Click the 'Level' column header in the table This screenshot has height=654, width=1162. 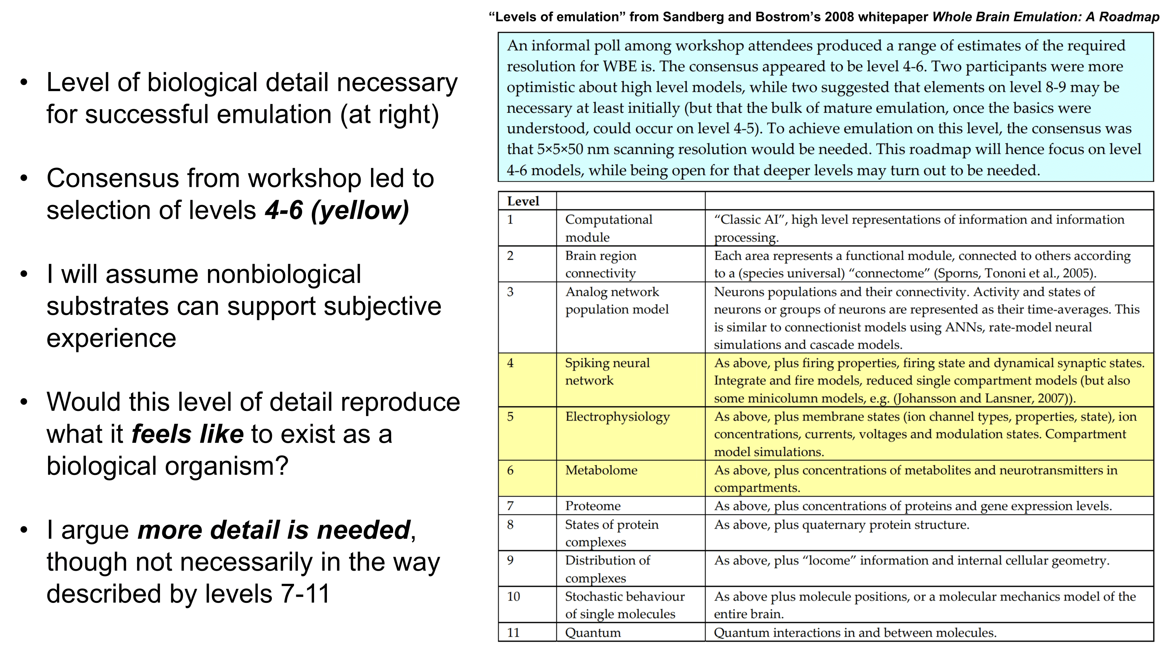pos(523,201)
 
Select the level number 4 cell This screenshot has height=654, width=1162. pos(510,363)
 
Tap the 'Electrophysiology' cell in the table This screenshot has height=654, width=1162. pos(617,417)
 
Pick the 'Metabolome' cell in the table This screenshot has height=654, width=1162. pos(601,470)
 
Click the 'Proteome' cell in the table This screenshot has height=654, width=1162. pos(593,506)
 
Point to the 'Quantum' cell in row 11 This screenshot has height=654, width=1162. pos(593,633)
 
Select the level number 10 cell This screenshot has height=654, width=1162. pos(513,597)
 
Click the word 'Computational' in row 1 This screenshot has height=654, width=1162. pos(609,220)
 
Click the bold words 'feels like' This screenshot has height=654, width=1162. pos(187,434)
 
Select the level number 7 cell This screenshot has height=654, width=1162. pos(510,506)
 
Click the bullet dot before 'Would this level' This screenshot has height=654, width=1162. pos(24,402)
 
